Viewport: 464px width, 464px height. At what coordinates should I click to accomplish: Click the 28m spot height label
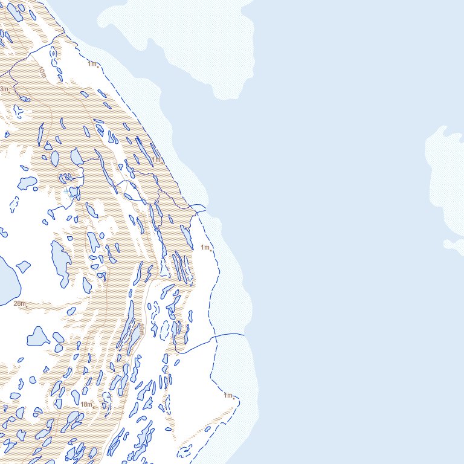click(x=19, y=303)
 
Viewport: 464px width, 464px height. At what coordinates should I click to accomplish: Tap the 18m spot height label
click(x=86, y=404)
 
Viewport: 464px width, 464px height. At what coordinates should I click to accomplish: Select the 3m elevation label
click(x=4, y=89)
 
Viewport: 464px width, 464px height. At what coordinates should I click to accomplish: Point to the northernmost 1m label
click(x=92, y=63)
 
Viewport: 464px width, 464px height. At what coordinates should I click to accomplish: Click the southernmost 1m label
click(x=228, y=396)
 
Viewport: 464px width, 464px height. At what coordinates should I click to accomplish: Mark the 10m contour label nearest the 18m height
click(x=141, y=330)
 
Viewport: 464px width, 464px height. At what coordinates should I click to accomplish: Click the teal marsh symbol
click(x=71, y=193)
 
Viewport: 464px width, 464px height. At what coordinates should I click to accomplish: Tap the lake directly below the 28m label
click(x=38, y=336)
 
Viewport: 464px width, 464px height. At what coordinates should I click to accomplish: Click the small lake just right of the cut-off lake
click(x=23, y=266)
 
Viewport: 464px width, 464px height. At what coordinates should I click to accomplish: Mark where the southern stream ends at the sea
click(x=244, y=333)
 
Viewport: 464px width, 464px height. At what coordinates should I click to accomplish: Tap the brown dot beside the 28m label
click(x=27, y=306)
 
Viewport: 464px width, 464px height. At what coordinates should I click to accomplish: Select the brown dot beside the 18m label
click(x=95, y=407)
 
